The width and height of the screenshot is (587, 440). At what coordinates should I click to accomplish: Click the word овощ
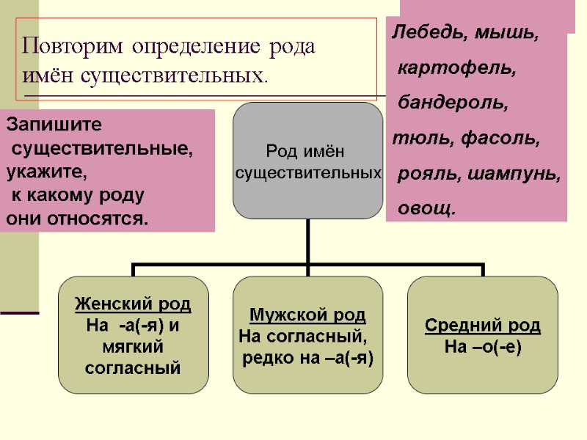coord(426,210)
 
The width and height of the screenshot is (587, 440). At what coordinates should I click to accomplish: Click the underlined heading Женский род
coord(133,304)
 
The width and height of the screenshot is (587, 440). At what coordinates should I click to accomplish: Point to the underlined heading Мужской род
coord(307,316)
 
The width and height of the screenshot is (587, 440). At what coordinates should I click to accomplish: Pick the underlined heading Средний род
coord(483,325)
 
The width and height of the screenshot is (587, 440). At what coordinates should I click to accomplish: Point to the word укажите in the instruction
coord(45,175)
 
